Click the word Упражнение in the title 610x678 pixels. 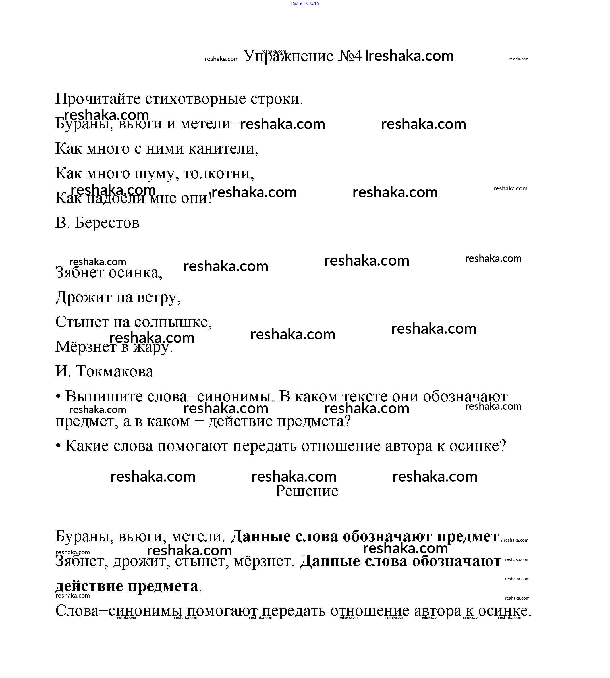(288, 56)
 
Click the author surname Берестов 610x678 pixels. (107, 223)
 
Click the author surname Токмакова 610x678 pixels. (115, 371)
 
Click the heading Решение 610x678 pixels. (307, 491)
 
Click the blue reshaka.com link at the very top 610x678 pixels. (305, 3)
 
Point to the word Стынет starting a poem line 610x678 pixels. (82, 322)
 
